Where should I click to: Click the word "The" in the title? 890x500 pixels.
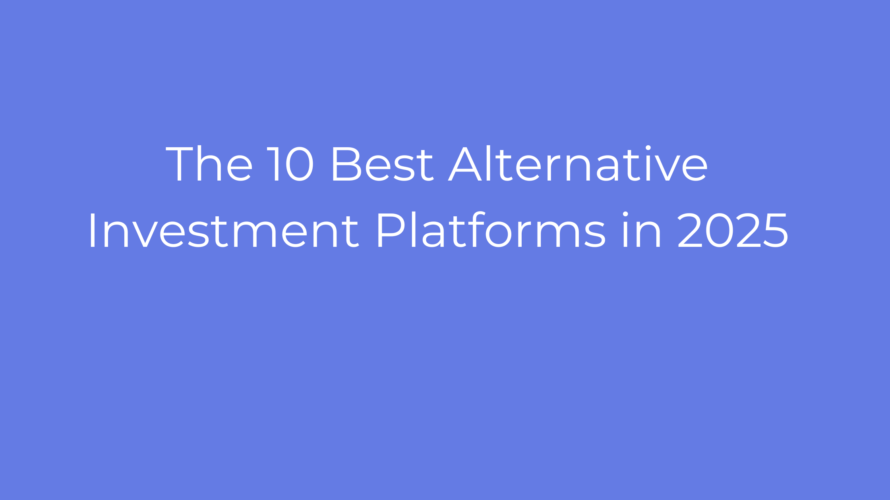(209, 164)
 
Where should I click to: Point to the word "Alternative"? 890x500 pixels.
(578, 164)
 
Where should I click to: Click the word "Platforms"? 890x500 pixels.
(491, 230)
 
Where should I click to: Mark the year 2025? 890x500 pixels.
(732, 231)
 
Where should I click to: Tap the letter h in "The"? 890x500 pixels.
(211, 163)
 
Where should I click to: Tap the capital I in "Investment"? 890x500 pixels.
(92, 231)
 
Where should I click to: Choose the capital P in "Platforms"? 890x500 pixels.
(391, 231)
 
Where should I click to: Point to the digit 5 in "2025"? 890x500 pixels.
(775, 231)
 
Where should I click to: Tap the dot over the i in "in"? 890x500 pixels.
(625, 214)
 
